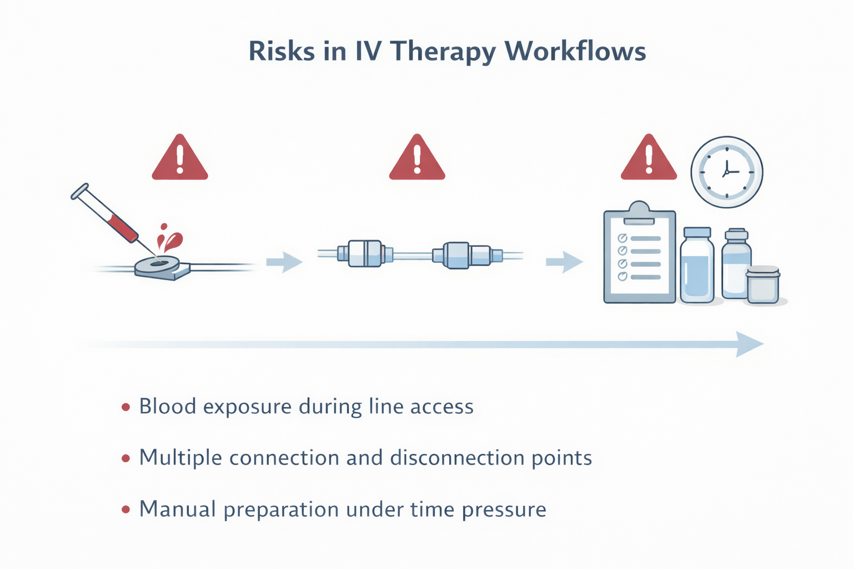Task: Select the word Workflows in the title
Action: (575, 51)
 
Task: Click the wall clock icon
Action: (726, 172)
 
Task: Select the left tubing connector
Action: (365, 254)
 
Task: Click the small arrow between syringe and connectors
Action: (285, 262)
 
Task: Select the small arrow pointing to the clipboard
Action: (564, 262)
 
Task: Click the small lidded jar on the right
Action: (763, 284)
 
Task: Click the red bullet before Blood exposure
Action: (126, 407)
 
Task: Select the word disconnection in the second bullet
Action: (458, 458)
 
